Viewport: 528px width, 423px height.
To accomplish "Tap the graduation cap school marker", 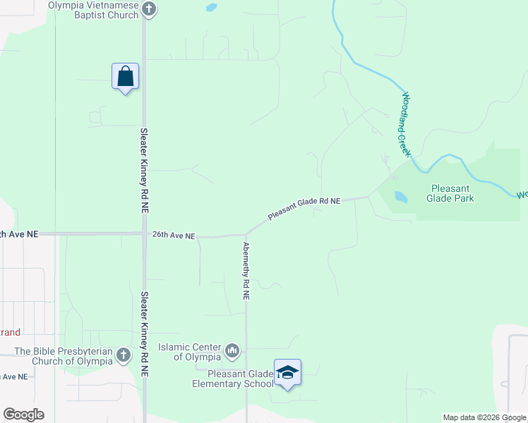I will click(287, 373).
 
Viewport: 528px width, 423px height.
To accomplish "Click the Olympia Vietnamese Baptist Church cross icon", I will click(148, 9).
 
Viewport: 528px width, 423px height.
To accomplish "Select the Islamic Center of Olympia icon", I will click(232, 350).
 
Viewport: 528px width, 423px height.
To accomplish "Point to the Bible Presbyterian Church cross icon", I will click(124, 355).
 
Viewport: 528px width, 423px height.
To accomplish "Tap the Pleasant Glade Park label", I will click(450, 193).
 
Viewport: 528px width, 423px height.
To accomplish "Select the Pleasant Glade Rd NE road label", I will click(304, 209).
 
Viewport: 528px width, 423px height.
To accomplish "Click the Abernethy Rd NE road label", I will click(246, 272).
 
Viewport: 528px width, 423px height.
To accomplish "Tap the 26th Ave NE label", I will click(173, 236).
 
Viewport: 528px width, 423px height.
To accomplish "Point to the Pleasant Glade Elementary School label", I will click(233, 379).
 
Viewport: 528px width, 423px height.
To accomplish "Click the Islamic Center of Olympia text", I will click(190, 352).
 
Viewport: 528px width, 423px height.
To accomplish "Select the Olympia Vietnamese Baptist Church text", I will click(93, 10).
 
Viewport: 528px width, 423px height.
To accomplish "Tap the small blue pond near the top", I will click(211, 8).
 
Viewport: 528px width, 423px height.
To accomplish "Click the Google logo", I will click(23, 415).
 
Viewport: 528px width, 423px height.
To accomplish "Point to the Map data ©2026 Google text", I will click(484, 417).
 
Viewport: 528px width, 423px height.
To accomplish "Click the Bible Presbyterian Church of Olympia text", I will click(64, 356).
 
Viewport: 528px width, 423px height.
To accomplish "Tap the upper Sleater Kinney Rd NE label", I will click(144, 170).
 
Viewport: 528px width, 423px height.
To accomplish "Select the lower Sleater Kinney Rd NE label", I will click(144, 333).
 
